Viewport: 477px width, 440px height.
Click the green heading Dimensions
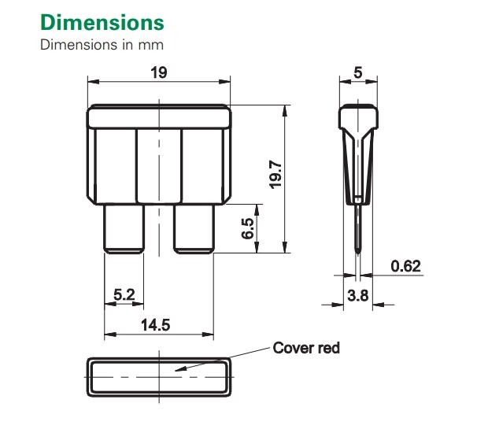(x=102, y=21)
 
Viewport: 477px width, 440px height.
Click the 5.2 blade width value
(x=124, y=294)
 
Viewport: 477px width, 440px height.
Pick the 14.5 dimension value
(x=157, y=324)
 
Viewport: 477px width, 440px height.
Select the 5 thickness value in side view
(x=358, y=72)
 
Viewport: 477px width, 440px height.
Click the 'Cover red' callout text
(x=306, y=347)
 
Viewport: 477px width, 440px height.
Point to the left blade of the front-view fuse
(x=124, y=228)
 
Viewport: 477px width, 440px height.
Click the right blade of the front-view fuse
(x=194, y=228)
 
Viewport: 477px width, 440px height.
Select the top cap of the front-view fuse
(x=159, y=118)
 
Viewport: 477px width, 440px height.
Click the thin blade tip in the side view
(x=358, y=236)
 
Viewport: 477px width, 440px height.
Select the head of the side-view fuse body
(x=358, y=118)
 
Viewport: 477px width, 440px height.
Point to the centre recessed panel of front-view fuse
(x=159, y=165)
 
